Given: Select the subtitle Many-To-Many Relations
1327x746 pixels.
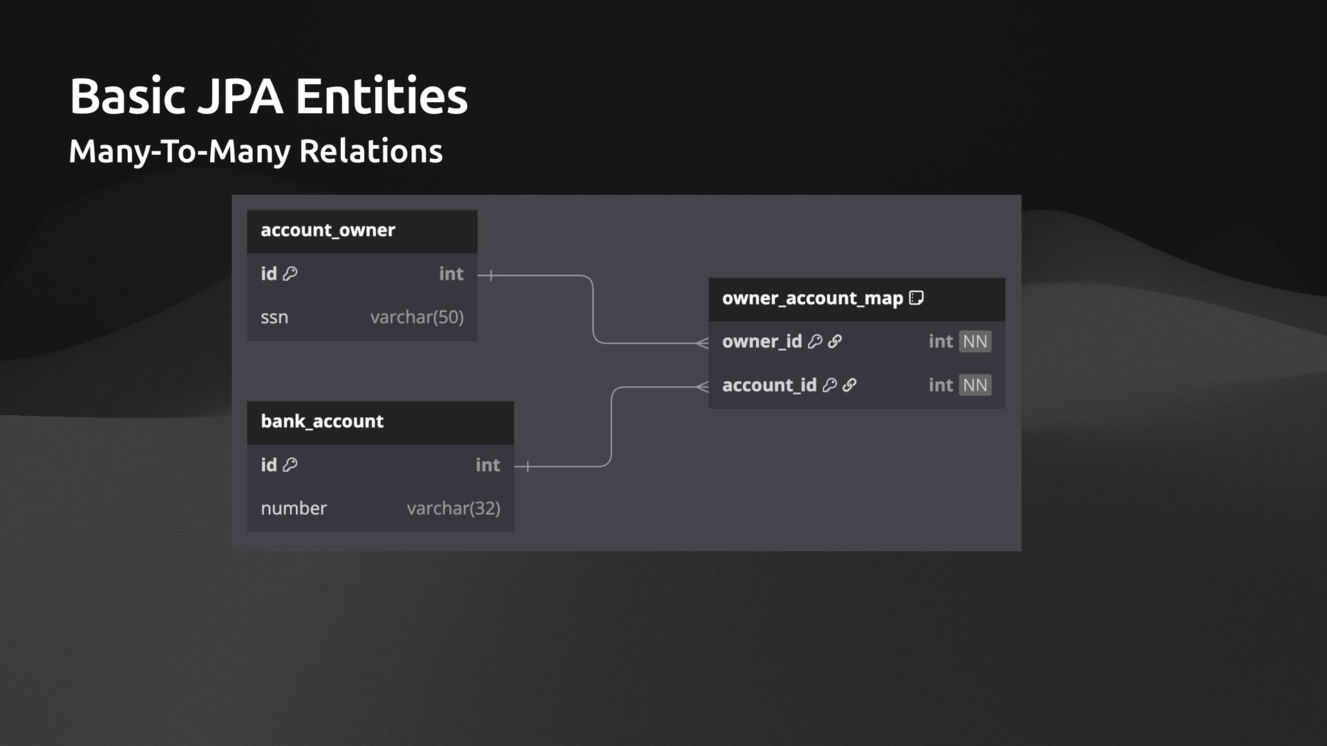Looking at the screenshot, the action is [255, 151].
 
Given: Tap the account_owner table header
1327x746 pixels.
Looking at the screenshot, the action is [328, 230].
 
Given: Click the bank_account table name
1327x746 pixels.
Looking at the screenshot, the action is [321, 421].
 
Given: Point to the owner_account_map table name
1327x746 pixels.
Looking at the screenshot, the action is [812, 298].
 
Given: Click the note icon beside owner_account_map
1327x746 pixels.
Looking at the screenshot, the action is [916, 298].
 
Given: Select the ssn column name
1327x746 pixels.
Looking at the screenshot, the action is [274, 318].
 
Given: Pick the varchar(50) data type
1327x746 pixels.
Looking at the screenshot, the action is [417, 318].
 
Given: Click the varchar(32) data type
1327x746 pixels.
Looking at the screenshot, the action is [453, 508].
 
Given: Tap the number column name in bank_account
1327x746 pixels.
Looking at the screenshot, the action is [294, 508].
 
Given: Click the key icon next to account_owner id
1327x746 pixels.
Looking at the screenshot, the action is [290, 274].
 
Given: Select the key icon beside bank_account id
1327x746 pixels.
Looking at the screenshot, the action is [290, 465].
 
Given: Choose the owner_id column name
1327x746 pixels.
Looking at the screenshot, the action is [762, 342].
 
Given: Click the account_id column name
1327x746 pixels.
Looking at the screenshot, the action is [769, 385].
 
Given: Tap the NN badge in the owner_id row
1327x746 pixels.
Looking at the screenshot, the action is [975, 342].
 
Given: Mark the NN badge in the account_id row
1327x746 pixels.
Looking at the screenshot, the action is [975, 385].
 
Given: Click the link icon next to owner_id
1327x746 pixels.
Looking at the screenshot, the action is [835, 342].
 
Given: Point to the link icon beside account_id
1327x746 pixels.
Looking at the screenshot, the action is [849, 385].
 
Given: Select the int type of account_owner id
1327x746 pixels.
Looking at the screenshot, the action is [451, 274].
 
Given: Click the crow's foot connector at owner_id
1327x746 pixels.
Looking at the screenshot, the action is [702, 343].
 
